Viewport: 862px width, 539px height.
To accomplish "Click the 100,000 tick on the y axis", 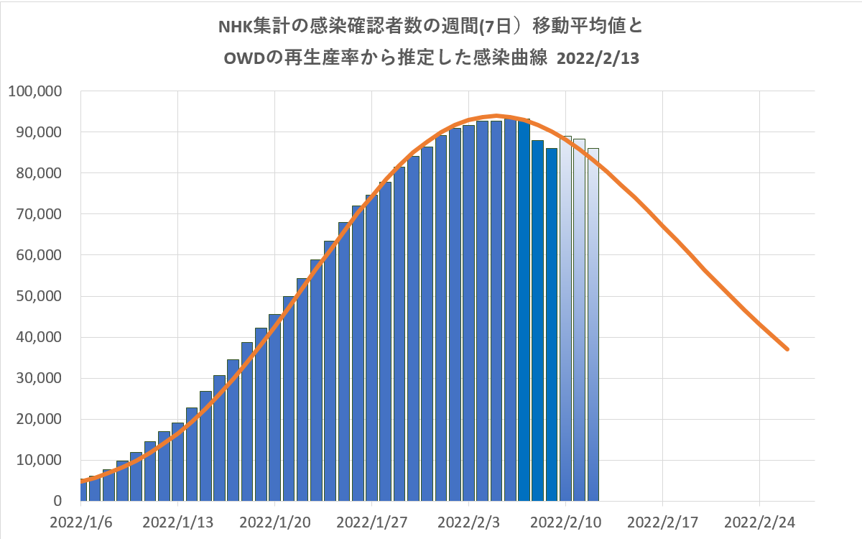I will click(36, 91).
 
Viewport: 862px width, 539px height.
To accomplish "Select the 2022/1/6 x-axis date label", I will click(80, 520).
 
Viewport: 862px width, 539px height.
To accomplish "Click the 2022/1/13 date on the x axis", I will click(177, 520).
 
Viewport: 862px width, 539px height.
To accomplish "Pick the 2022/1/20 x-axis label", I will click(274, 520).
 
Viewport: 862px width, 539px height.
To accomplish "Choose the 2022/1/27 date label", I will click(371, 520).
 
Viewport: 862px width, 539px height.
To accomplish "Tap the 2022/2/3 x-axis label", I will click(468, 520).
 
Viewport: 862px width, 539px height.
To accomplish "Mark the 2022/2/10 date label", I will click(565, 520).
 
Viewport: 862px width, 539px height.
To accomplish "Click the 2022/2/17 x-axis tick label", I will click(662, 520).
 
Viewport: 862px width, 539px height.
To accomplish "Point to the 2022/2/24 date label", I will click(759, 520).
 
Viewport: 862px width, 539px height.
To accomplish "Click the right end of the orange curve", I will click(788, 349).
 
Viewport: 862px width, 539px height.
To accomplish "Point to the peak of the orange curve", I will click(496, 115).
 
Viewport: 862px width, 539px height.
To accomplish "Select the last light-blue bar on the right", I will click(593, 323).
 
